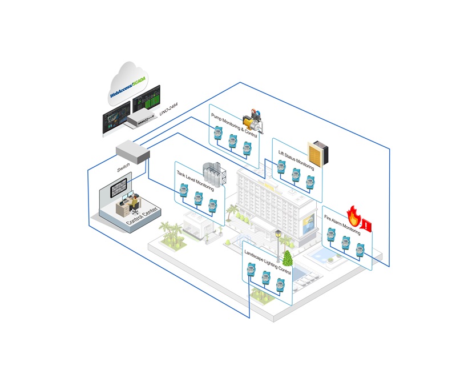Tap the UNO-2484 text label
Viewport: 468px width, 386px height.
click(168, 109)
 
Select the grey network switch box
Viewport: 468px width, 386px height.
click(133, 152)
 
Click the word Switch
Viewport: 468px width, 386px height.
click(124, 167)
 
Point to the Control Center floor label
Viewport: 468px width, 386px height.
click(142, 216)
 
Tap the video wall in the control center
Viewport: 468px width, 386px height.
click(119, 187)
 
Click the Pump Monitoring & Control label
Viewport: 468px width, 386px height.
click(234, 125)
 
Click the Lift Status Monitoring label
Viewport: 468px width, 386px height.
click(296, 160)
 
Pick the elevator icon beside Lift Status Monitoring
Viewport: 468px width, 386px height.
click(318, 154)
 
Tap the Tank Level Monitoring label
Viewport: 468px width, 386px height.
click(195, 180)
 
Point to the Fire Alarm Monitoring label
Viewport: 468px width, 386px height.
click(342, 225)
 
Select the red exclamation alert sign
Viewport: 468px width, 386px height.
click(367, 225)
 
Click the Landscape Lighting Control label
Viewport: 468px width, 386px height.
click(268, 262)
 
